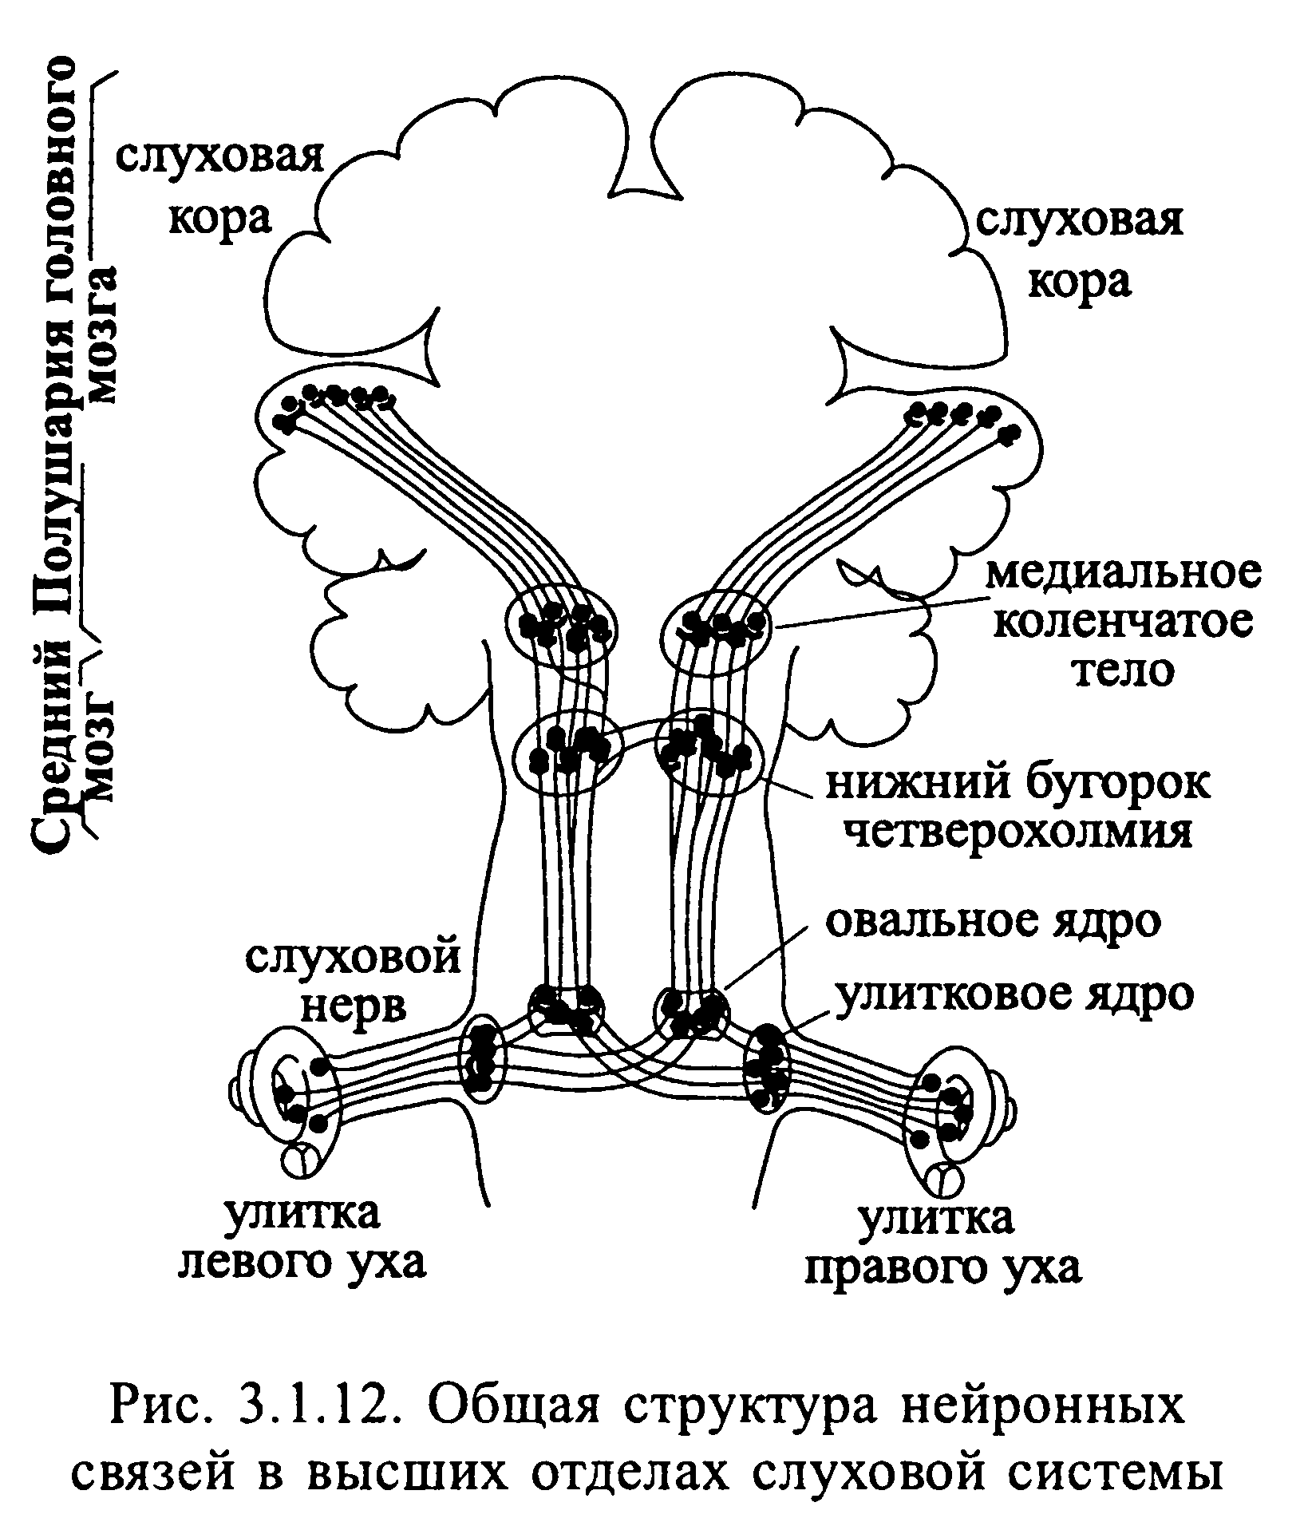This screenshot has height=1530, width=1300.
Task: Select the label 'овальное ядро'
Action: (x=993, y=922)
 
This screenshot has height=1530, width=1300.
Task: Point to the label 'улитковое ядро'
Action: (x=1014, y=994)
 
